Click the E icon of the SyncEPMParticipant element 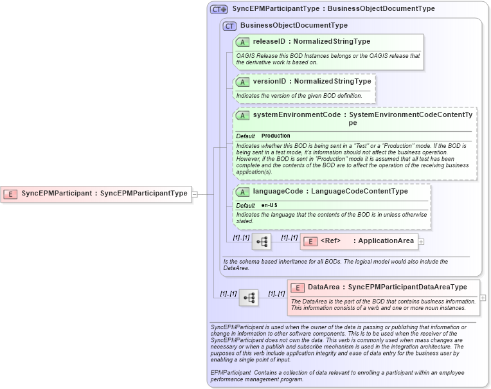(x=10, y=193)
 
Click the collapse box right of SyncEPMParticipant (x=194, y=193)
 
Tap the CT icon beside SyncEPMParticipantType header (x=219, y=10)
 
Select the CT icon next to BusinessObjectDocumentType (x=229, y=26)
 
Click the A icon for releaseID (x=242, y=42)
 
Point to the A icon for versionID (x=242, y=82)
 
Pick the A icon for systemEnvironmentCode (x=242, y=115)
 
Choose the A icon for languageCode (x=242, y=192)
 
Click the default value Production (x=276, y=136)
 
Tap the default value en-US (x=269, y=205)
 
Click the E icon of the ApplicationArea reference (x=310, y=241)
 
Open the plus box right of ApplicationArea (x=421, y=241)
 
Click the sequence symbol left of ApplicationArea (x=262, y=242)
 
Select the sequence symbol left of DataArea (x=249, y=297)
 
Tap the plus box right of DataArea (x=483, y=298)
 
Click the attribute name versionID (x=269, y=82)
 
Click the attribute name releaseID (x=269, y=41)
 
